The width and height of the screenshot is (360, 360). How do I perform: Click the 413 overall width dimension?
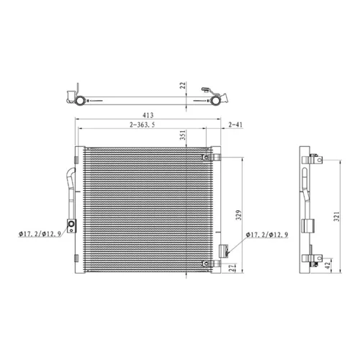(x=148, y=115)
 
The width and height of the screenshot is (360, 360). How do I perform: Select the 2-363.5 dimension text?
(x=143, y=125)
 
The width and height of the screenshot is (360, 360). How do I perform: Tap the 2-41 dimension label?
(x=235, y=125)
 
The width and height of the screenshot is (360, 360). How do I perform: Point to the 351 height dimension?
(x=183, y=135)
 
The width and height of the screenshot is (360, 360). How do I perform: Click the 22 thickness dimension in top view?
(x=183, y=86)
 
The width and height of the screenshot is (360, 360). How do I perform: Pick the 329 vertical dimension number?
(x=238, y=215)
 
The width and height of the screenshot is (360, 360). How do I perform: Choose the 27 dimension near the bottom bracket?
(x=232, y=268)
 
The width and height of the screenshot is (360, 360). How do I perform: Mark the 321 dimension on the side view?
(x=337, y=217)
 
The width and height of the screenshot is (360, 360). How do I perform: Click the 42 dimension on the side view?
(x=328, y=265)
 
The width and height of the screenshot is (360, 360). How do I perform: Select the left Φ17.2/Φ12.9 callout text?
(x=40, y=234)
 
